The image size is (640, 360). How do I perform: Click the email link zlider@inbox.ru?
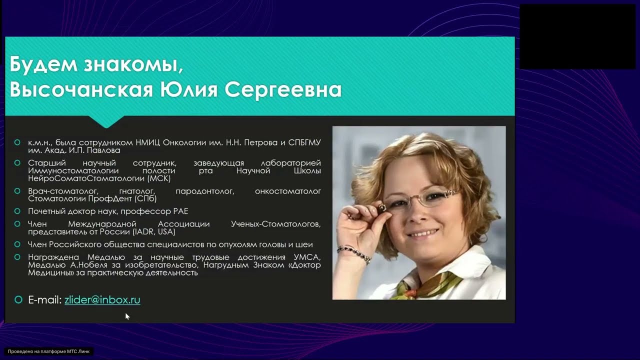pyautogui.click(x=102, y=300)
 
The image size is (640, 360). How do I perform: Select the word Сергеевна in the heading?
pyautogui.click(x=283, y=90)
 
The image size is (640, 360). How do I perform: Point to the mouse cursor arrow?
pyautogui.click(x=127, y=316)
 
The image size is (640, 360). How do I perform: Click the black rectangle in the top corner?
pyautogui.click(x=578, y=36)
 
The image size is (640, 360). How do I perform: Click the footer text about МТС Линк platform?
pyautogui.click(x=48, y=351)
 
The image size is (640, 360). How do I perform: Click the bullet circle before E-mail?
pyautogui.click(x=18, y=300)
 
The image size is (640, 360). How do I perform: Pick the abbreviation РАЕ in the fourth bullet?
pyautogui.click(x=179, y=211)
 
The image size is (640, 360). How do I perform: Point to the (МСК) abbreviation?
pyautogui.click(x=159, y=178)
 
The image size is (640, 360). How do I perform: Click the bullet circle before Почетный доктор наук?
pyautogui.click(x=18, y=211)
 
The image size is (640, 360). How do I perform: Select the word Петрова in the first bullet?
pyautogui.click(x=263, y=142)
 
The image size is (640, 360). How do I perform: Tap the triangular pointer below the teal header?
pyautogui.click(x=106, y=122)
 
